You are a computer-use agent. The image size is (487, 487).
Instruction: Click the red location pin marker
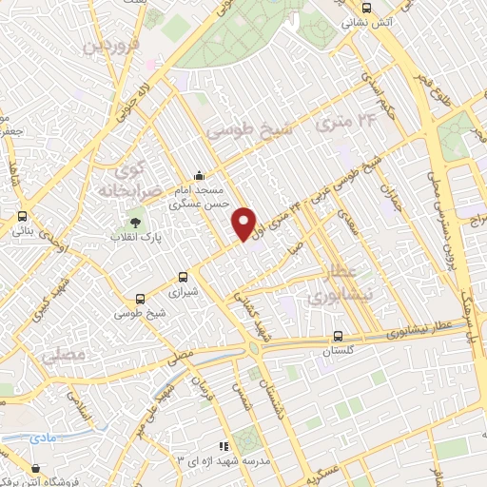(245, 223)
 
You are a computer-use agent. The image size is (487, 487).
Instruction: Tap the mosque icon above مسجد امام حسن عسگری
(198, 175)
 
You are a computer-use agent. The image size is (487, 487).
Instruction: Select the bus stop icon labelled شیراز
(183, 277)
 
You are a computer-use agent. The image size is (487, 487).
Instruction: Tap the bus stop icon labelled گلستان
(339, 336)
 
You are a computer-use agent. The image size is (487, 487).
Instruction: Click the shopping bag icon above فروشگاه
(36, 468)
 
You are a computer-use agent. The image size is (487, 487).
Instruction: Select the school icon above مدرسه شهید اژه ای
(224, 445)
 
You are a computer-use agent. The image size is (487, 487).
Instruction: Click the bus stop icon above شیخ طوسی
(141, 296)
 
